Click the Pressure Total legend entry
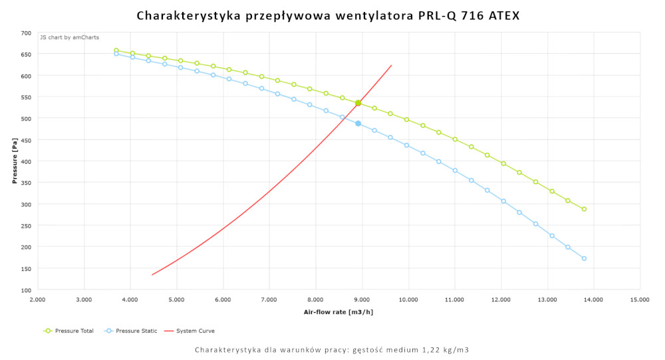click(72, 331)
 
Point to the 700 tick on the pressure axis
click(26, 33)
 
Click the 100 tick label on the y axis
click(26, 290)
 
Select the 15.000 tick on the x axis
click(640, 300)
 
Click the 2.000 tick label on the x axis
click(38, 300)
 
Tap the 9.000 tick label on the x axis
click(362, 300)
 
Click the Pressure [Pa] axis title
click(14, 161)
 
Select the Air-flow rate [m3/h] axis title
click(338, 311)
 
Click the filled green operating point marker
click(358, 103)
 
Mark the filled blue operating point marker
click(358, 124)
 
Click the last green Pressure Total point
click(584, 209)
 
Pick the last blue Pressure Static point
click(584, 258)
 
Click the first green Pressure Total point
click(116, 51)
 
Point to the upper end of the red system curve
click(392, 65)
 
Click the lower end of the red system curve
click(152, 275)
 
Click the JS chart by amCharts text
click(69, 37)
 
